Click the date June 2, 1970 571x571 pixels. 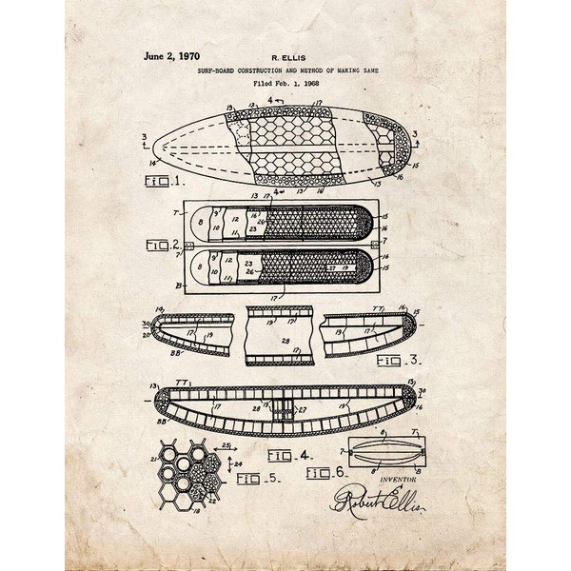pyautogui.click(x=170, y=56)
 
